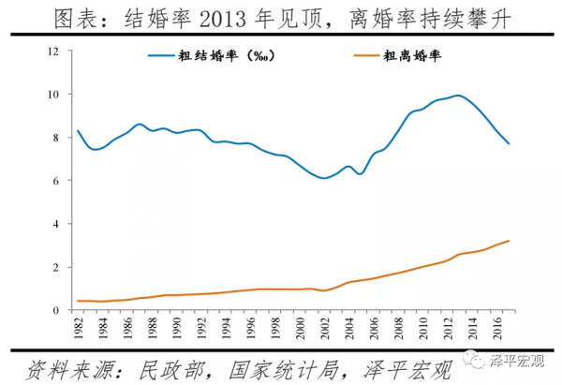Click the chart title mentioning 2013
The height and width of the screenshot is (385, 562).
point(281,18)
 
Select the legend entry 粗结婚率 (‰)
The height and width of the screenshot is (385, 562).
point(214,56)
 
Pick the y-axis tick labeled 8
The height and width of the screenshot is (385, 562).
point(57,138)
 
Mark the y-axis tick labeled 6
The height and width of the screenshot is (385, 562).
point(57,181)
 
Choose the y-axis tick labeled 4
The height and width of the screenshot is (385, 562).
point(57,224)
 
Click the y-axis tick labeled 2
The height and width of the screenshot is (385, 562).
point(57,267)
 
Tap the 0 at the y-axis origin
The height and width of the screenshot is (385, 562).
point(57,310)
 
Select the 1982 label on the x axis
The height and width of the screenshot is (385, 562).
point(78,329)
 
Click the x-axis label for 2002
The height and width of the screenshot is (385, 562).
point(324,329)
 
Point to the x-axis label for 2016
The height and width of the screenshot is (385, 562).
point(495,329)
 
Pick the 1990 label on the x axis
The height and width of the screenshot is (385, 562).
point(176,329)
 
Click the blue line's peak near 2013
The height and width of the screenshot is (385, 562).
point(457,96)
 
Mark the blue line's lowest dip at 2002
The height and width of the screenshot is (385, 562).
point(323,178)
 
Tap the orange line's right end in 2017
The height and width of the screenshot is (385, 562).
point(508,241)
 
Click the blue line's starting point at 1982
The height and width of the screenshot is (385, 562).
point(77,130)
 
